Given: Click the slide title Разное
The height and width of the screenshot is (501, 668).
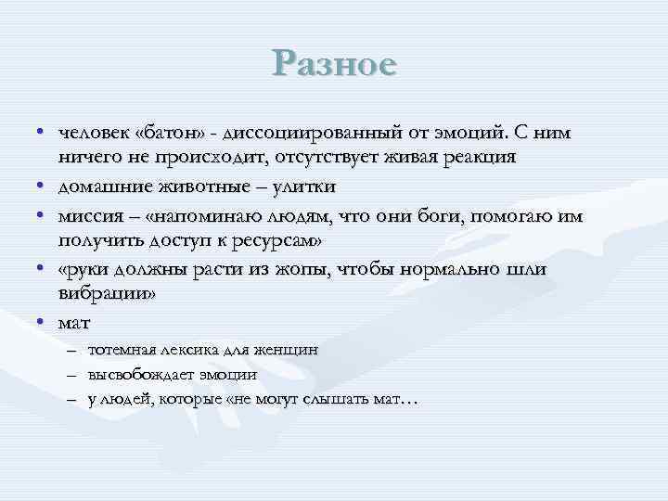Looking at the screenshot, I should tap(335, 64).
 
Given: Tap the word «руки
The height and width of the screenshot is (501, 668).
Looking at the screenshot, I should tap(84, 269).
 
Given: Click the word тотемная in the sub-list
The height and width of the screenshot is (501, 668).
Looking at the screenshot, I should tap(122, 351).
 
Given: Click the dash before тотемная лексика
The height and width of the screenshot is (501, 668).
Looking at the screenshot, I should tap(73, 351).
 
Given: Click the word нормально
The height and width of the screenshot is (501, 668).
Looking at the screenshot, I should tap(449, 269).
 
